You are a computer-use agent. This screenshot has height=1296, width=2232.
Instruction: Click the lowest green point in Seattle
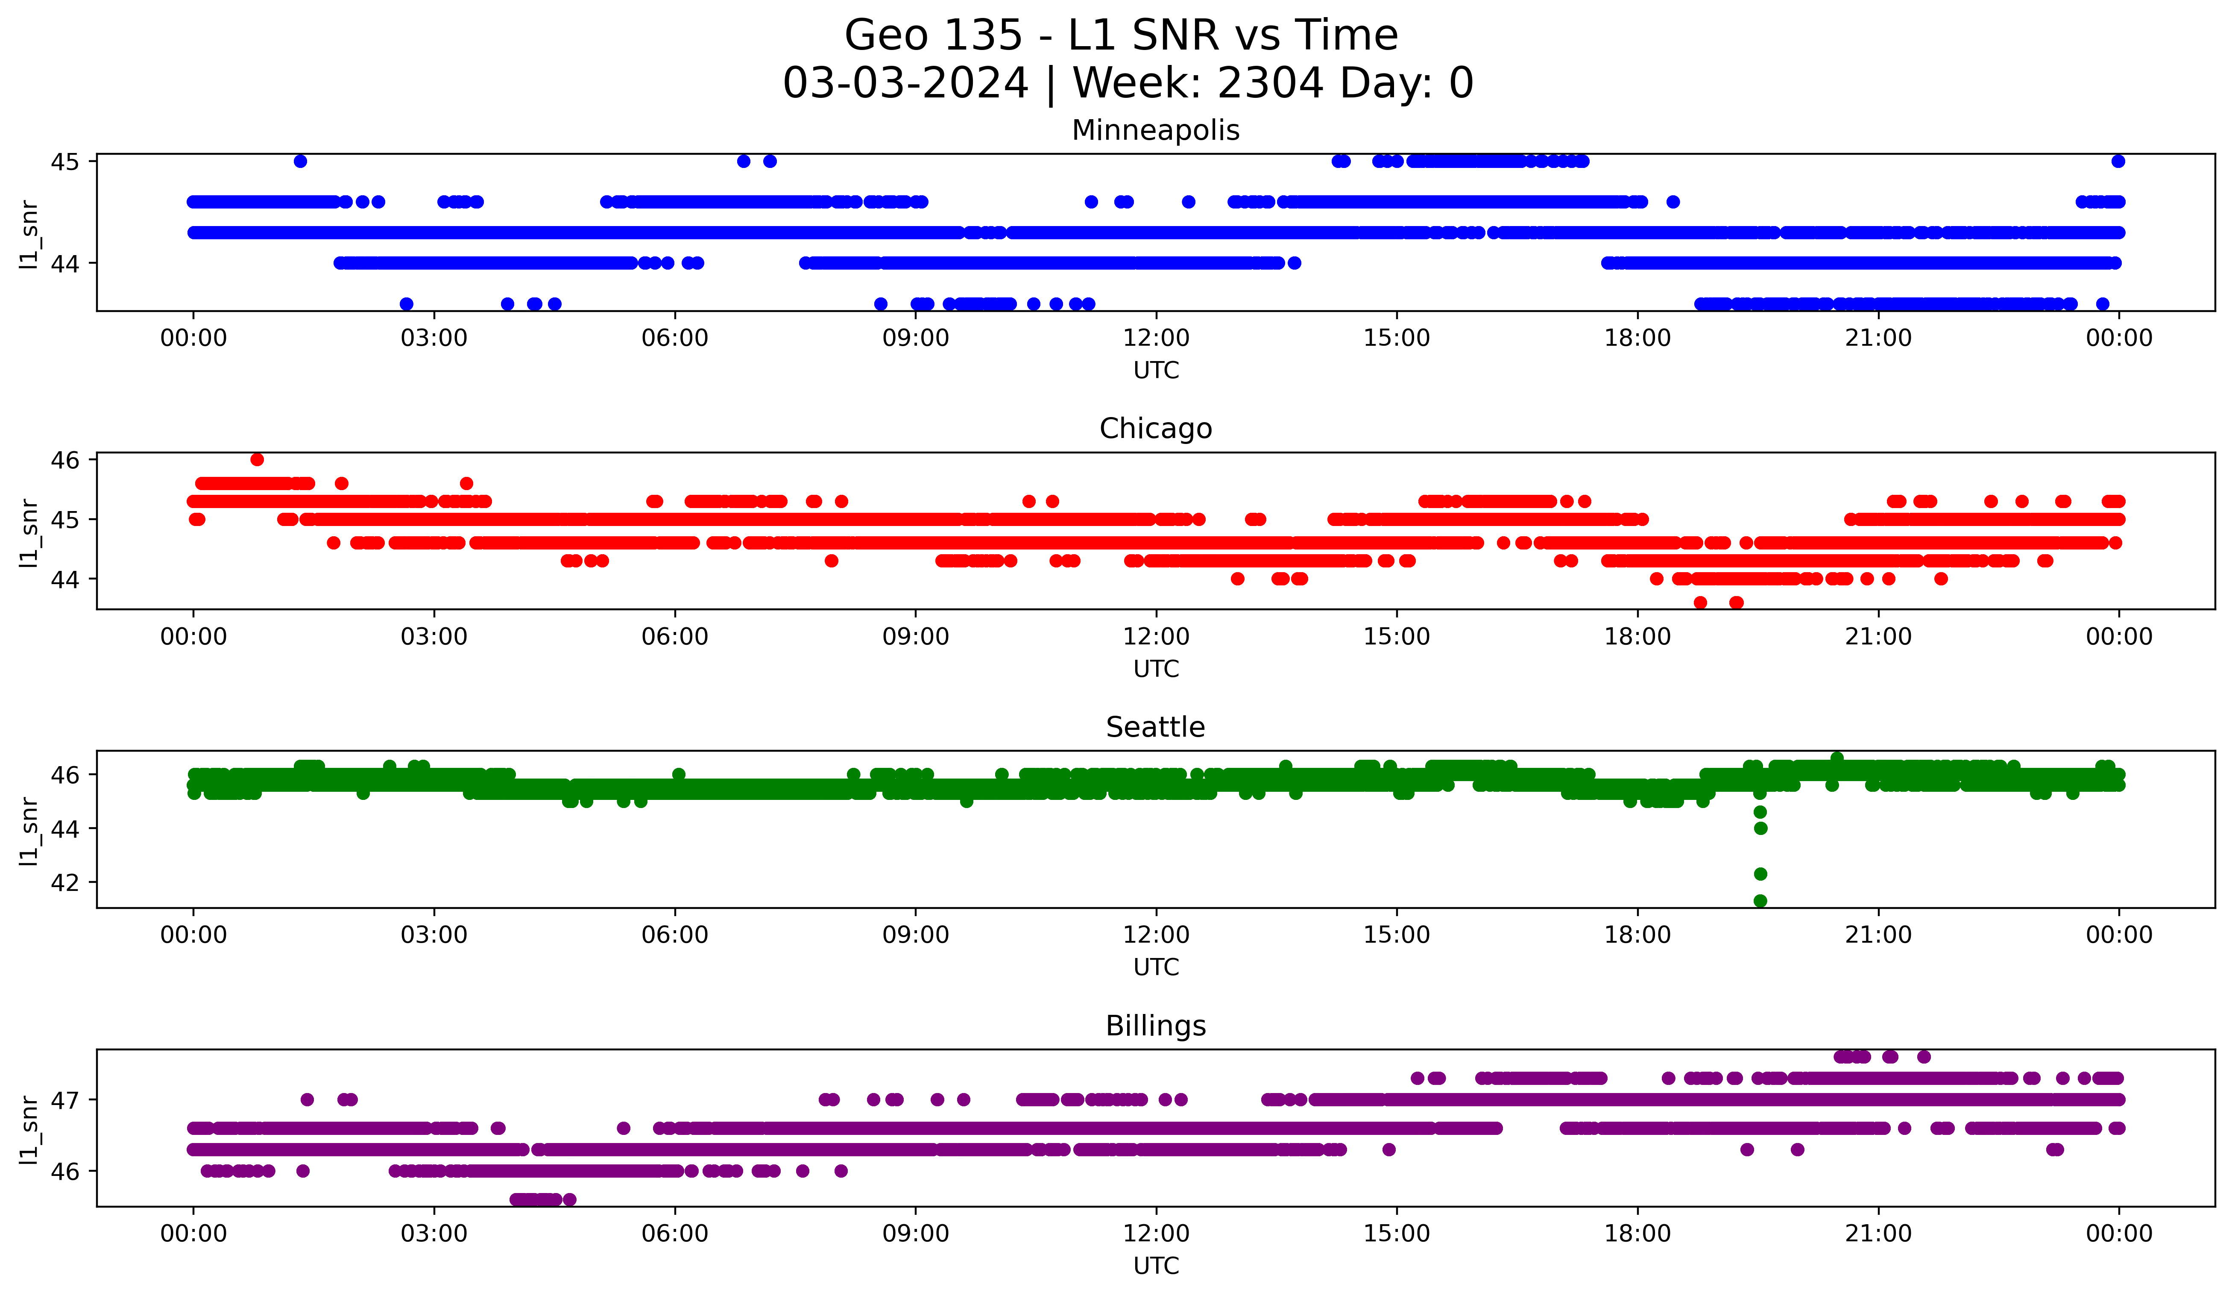coord(1760,901)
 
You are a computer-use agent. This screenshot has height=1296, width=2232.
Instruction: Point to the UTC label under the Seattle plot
coord(1156,967)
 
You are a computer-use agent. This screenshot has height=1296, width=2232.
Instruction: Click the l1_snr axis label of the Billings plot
coord(29,1129)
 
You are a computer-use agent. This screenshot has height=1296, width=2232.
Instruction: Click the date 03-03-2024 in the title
coord(905,83)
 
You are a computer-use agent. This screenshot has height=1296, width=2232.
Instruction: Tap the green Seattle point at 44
coord(1760,828)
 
